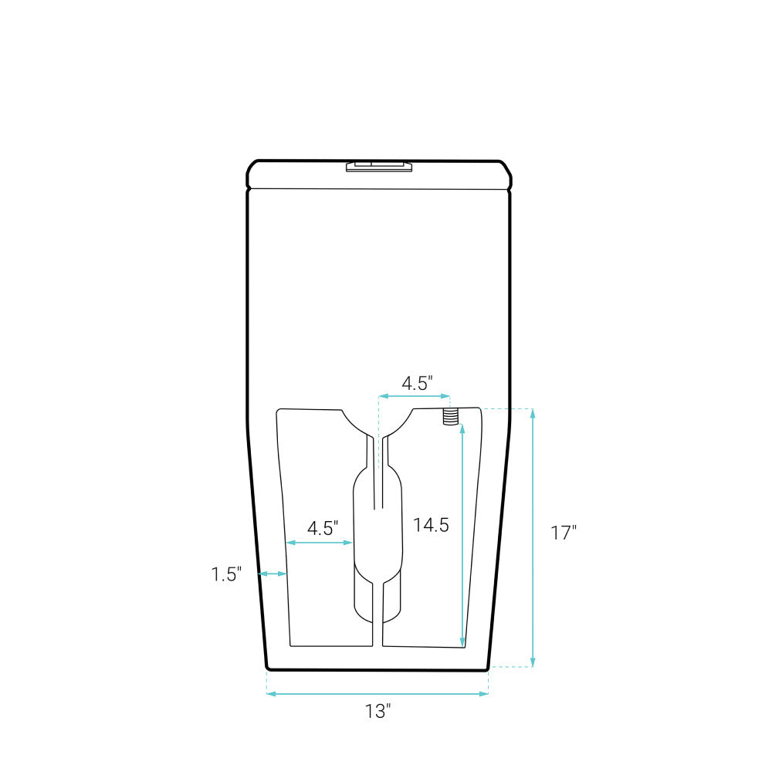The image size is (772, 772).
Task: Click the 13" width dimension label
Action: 378,711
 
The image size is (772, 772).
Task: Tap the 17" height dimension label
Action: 564,533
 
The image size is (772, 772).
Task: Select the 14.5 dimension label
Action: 431,525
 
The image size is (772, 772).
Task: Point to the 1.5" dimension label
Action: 226,574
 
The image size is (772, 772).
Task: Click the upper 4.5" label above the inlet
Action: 417,383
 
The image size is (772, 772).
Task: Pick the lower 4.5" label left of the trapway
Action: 323,528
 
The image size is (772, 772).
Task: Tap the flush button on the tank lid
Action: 379,166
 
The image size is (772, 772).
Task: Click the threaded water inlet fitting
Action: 451,417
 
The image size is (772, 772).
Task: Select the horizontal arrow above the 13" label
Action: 378,694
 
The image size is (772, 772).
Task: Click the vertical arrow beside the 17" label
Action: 533,537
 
